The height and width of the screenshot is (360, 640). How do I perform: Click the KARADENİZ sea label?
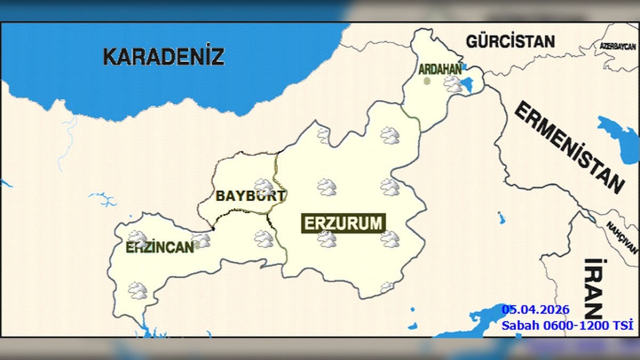point(163,56)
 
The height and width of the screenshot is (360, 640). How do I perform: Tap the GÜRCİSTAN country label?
point(510,41)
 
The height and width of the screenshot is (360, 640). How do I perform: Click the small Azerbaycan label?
point(618,46)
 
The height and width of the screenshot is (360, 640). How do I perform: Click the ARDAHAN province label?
point(439,69)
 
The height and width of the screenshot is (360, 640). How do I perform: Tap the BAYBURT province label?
point(250,196)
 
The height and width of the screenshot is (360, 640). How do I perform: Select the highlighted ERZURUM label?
point(343,223)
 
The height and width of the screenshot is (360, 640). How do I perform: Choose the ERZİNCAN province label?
point(159,247)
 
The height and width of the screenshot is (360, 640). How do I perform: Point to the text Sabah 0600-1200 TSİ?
point(567,325)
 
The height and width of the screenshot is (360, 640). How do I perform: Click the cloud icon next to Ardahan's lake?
point(453,84)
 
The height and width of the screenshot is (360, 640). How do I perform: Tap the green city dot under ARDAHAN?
point(427,81)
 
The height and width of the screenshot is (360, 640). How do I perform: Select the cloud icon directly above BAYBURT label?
point(263,186)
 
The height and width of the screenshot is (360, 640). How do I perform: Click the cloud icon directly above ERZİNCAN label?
point(137,238)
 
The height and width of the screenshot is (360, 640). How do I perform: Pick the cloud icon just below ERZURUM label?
point(327,239)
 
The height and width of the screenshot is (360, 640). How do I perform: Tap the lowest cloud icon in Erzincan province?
point(138,291)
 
